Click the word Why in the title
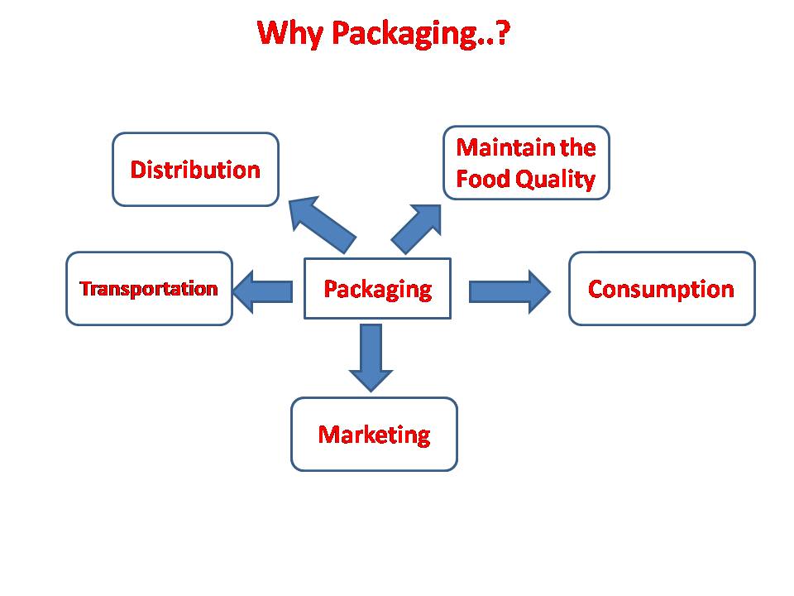point(290,33)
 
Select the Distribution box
point(195,169)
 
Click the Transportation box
point(150,288)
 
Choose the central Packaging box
point(377,288)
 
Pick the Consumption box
point(662,288)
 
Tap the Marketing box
point(374,435)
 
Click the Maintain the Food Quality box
point(526,163)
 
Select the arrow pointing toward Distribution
point(322,224)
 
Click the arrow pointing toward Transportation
point(263,291)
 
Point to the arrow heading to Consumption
point(509,291)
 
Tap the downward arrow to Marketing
point(371,358)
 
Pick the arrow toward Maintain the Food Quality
point(417,228)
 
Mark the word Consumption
point(661,290)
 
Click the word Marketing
point(374,435)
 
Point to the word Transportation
point(149,288)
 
